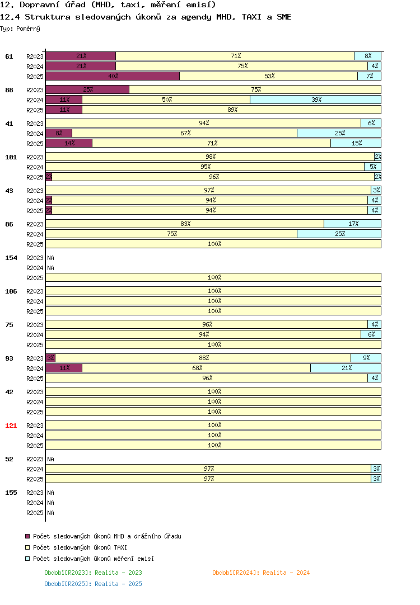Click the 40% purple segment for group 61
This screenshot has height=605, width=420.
pos(113,76)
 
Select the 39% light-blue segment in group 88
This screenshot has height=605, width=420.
pos(316,100)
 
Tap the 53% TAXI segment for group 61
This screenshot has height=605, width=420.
pos(269,76)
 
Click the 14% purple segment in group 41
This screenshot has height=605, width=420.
pos(69,143)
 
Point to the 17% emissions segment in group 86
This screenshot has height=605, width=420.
pos(352,224)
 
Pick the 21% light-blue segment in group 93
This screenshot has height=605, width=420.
pos(346,368)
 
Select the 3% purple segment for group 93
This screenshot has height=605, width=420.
pos(50,358)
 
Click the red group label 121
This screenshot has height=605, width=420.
pos(11,426)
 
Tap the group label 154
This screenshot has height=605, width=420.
pos(11,258)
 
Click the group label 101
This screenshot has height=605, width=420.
pos(11,157)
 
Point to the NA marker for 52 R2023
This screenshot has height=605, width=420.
pos(50,459)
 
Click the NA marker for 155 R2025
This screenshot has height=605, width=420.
pos(50,513)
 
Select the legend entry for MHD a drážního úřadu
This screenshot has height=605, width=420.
pos(103,536)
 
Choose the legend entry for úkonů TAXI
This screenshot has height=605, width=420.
pos(76,547)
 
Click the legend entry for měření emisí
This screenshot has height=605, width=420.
pos(90,559)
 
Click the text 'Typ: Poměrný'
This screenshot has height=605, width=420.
pos(20,29)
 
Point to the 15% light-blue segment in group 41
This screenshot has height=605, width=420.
pos(356,143)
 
